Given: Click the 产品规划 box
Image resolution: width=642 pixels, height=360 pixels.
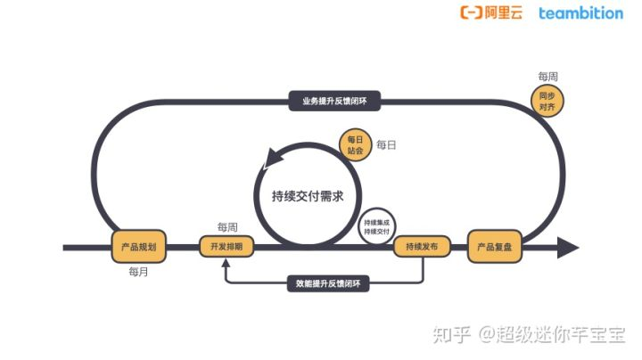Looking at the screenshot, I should coord(139,246).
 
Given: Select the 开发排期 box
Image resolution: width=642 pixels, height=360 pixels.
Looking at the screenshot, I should coord(226,246).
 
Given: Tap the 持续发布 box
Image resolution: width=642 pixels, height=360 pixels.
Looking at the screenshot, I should coord(422,246).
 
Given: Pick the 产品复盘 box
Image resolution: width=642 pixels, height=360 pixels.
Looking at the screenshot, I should coord(494,246).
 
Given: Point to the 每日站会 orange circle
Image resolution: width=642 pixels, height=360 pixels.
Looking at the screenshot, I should coord(356,145).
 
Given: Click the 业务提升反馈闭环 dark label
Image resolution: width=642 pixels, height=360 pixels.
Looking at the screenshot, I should coord(334,101).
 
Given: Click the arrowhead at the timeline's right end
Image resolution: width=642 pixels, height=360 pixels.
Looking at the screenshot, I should coord(566,246).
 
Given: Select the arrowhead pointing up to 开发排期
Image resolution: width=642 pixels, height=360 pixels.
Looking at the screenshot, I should coord(226,264).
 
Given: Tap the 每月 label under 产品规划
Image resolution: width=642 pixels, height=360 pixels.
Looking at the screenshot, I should coord(138,271).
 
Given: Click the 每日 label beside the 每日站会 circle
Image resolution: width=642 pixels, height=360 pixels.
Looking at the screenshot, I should coord(386,144).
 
